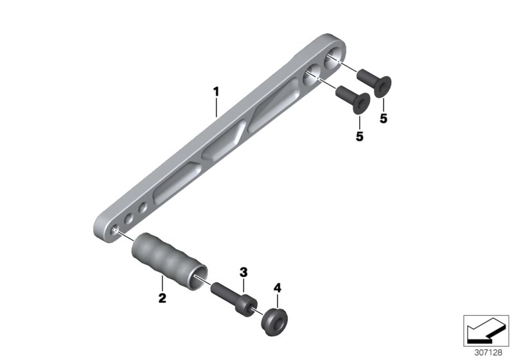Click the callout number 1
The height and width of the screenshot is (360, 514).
click(216, 92)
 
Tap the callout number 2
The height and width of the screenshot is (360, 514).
click(162, 298)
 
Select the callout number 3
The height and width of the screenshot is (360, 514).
click(244, 272)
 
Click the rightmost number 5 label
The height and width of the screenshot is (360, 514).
click(384, 118)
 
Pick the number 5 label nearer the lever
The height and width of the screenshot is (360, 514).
click(359, 136)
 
